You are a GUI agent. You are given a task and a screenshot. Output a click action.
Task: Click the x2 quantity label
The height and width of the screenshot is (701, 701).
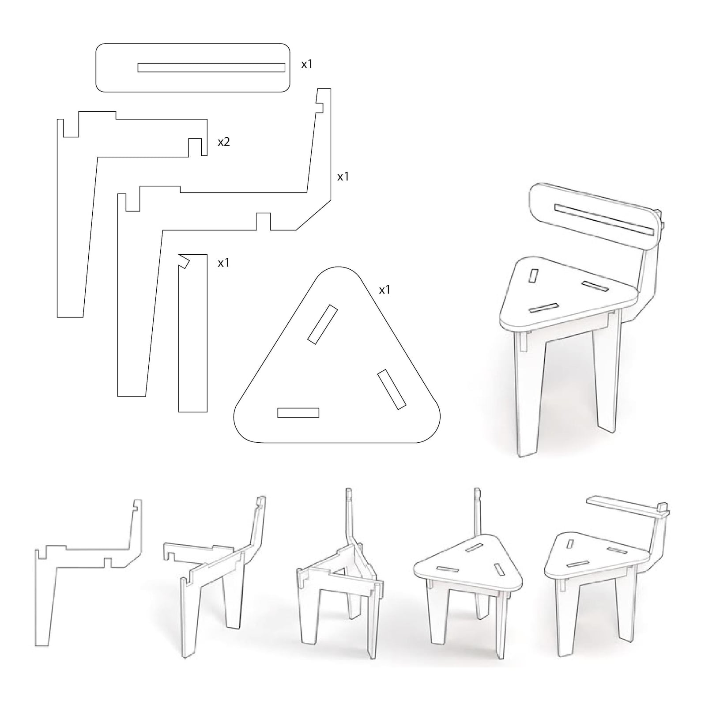pos(224,142)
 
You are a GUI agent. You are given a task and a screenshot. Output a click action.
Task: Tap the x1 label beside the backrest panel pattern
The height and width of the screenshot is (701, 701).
pos(307,64)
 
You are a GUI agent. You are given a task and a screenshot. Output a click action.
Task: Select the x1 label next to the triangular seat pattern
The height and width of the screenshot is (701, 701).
pos(384,290)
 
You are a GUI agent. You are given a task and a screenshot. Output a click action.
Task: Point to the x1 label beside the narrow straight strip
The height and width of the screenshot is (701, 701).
pos(224,263)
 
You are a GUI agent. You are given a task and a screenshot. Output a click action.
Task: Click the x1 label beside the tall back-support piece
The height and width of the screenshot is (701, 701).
pos(343,177)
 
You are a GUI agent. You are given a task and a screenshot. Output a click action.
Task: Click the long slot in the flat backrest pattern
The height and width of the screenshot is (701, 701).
pos(211,68)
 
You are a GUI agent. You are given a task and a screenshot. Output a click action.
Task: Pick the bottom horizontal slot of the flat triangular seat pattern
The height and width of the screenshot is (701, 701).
pos(298,413)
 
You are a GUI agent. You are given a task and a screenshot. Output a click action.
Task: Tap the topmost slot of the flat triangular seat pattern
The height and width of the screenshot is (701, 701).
pos(323,324)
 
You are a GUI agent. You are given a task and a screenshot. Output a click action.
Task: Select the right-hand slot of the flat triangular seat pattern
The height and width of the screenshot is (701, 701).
pos(392,389)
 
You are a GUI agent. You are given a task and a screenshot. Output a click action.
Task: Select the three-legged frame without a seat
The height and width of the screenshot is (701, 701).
pos(340,578)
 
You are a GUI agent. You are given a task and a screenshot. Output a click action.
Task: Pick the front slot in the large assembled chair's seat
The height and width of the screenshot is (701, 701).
pos(541,308)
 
